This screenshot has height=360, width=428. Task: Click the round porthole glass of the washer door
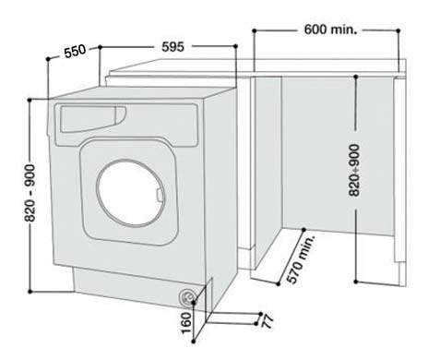pyautogui.click(x=129, y=185)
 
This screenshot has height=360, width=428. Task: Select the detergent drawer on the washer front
pyautogui.click(x=89, y=117)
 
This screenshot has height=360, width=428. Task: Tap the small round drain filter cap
pyautogui.click(x=188, y=296)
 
